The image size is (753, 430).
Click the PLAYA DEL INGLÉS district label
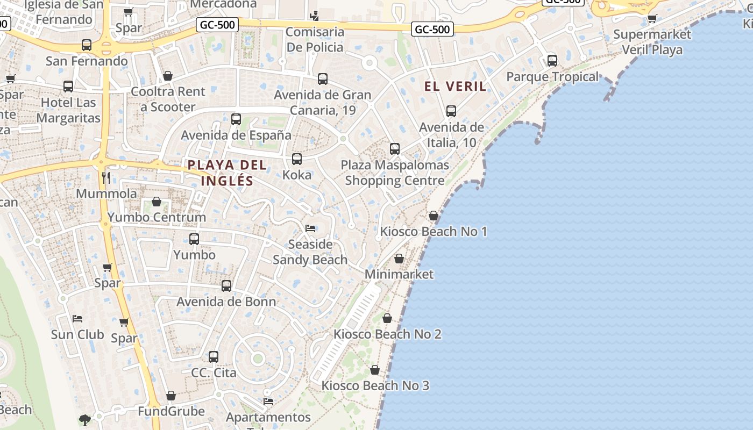(x=227, y=173)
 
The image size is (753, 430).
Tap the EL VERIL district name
(x=456, y=86)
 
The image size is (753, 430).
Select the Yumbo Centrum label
(x=157, y=217)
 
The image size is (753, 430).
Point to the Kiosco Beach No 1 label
(x=434, y=232)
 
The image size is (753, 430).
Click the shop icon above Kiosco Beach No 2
(x=387, y=319)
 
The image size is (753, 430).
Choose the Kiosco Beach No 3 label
(x=375, y=385)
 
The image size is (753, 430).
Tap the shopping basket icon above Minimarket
(x=399, y=259)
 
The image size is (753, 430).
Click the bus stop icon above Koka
(x=297, y=159)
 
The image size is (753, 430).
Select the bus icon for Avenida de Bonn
(x=226, y=286)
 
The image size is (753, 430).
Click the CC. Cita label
(x=214, y=372)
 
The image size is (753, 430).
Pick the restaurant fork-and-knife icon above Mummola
(x=106, y=178)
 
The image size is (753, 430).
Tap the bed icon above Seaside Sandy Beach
(x=310, y=228)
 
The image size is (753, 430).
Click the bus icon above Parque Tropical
(x=552, y=61)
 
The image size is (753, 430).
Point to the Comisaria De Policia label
(x=315, y=39)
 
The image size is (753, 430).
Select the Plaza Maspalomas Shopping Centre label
(x=395, y=173)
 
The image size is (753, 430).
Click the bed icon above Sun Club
(x=77, y=319)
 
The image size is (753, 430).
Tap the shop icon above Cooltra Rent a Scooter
(x=168, y=76)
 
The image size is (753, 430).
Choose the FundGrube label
(x=171, y=411)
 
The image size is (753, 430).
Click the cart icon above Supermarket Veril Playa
(x=652, y=19)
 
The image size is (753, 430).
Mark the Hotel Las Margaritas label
(x=68, y=110)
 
